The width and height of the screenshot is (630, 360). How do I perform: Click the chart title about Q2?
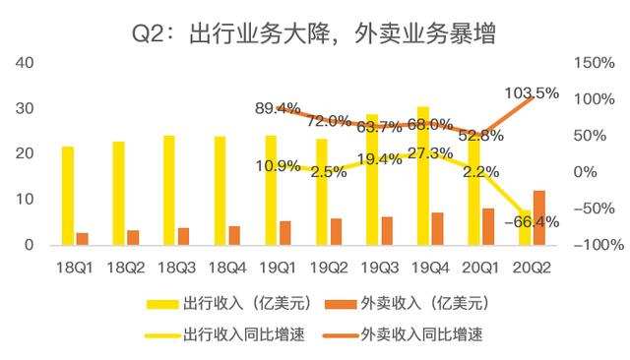coord(314,33)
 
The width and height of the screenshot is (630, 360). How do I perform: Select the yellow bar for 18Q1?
coord(68,196)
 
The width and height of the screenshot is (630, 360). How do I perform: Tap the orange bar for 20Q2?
coord(539,218)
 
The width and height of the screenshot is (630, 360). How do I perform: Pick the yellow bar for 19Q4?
coord(423,176)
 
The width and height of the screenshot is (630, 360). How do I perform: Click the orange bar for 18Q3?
coord(184,237)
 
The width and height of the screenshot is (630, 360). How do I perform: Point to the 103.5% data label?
coord(532,93)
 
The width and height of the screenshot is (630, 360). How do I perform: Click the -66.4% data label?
coord(532,221)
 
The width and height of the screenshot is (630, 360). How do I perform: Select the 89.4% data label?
coord(278,108)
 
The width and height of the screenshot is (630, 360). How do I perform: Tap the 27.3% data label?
coord(430,153)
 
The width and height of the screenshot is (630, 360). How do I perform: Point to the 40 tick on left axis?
coord(25,63)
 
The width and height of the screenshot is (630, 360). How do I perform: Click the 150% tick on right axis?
coord(595,63)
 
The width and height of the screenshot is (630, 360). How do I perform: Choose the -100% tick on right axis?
coord(598,244)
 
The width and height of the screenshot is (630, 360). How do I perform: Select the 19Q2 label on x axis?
coord(329,268)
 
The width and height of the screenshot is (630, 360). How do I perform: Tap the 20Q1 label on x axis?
coord(480,268)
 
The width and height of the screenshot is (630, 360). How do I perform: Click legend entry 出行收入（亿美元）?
coord(229,303)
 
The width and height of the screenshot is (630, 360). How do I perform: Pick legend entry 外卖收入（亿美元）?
coord(407,303)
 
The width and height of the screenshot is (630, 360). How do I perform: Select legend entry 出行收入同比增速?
coord(225,334)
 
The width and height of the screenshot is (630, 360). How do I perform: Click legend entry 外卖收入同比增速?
coord(403,334)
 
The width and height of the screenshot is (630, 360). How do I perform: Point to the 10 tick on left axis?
coord(25,199)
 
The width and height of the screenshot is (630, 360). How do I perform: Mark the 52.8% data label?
coord(481,136)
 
